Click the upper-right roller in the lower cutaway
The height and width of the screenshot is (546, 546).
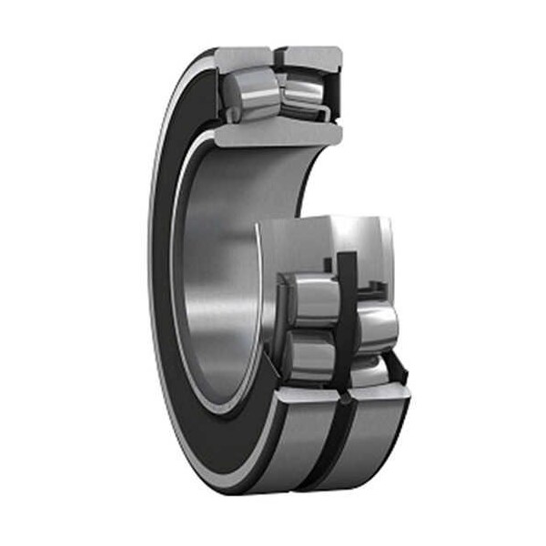point(373,318)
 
